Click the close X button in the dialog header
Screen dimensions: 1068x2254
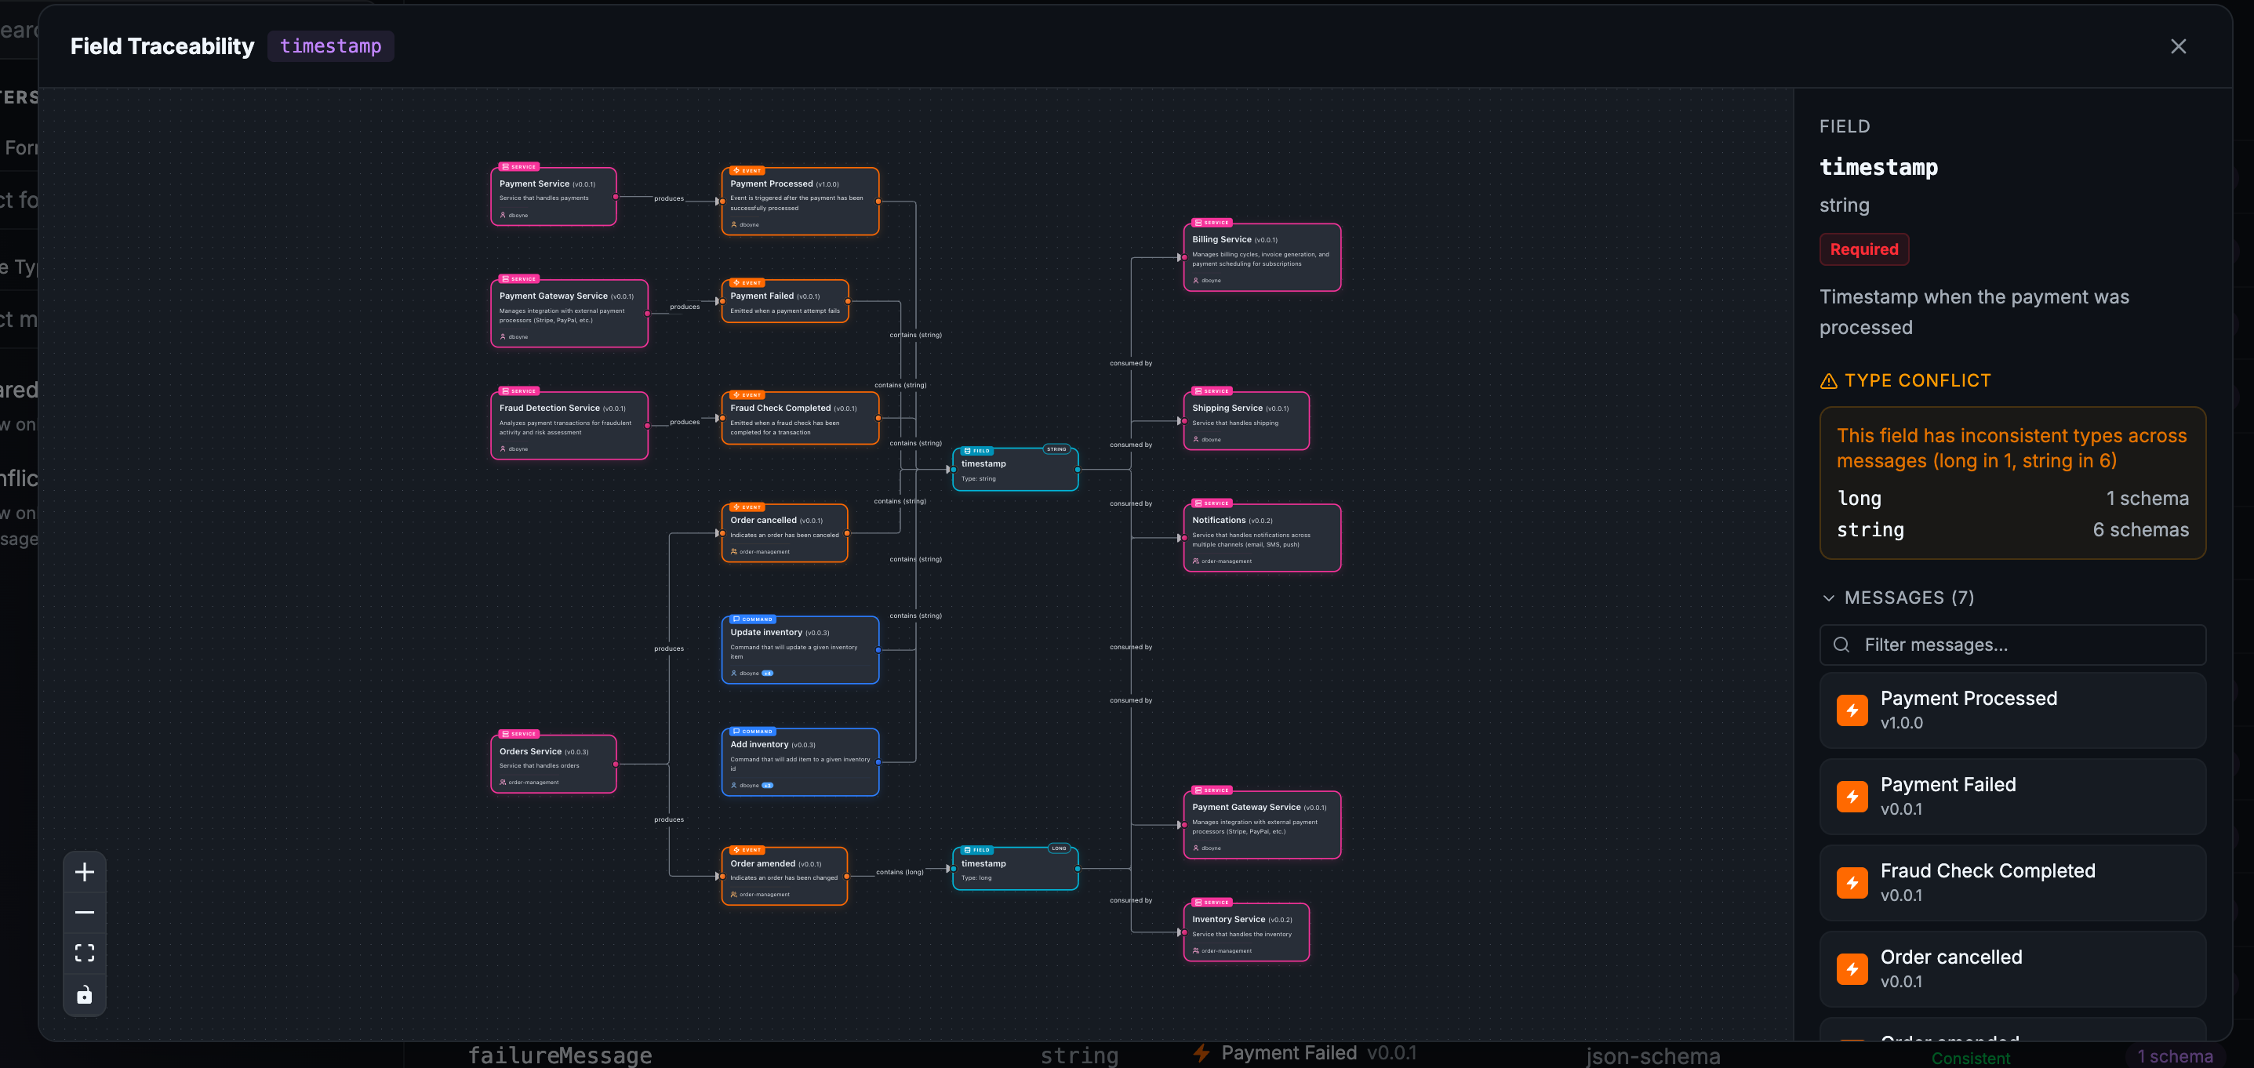tap(2178, 46)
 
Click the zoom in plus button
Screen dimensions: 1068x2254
tap(85, 872)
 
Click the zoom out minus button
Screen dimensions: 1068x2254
tap(85, 912)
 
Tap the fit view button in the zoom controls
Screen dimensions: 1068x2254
tap(85, 953)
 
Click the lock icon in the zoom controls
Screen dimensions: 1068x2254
tap(85, 994)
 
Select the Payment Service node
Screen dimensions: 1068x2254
tap(553, 197)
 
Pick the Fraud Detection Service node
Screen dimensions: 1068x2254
tap(569, 426)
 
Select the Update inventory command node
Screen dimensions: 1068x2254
tap(800, 650)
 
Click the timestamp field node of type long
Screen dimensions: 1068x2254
tap(1015, 869)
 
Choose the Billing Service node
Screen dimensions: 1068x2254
tap(1262, 257)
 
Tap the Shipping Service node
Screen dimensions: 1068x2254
tap(1246, 421)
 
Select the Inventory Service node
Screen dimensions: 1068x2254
tap(1246, 932)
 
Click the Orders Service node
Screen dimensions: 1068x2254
tap(553, 764)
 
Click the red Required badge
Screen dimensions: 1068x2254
tap(1863, 249)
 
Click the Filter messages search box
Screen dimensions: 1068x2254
tap(2012, 645)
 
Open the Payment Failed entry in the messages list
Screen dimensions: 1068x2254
tap(2012, 796)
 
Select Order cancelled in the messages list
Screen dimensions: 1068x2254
tap(2012, 968)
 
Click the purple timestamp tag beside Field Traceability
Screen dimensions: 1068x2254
tap(330, 46)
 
